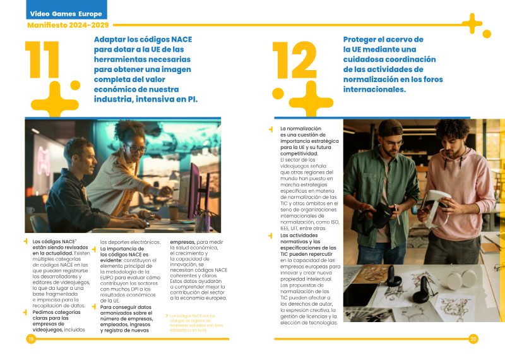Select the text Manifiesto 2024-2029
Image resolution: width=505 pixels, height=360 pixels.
[x=68, y=25]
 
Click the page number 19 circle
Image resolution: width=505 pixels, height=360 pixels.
[x=30, y=339]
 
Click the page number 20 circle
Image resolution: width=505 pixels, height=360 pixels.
[x=473, y=339]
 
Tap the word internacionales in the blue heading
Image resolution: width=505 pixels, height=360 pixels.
[x=374, y=90]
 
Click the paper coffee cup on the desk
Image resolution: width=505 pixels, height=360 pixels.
[x=174, y=213]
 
